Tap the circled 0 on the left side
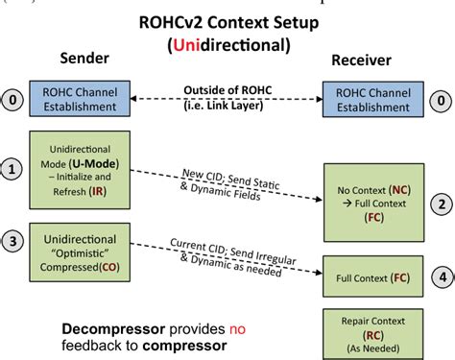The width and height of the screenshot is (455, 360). click(x=12, y=100)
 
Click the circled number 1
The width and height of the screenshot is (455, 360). click(x=12, y=172)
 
